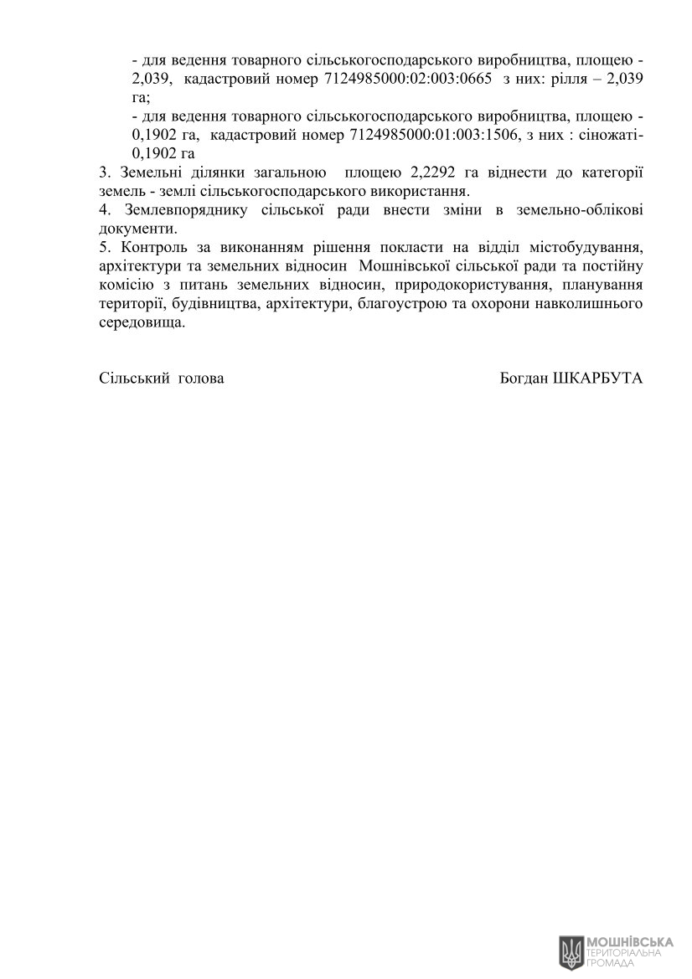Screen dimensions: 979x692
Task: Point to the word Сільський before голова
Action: tap(134, 378)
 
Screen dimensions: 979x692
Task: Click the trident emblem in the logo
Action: tap(571, 952)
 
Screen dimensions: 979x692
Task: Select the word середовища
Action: tap(141, 321)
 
